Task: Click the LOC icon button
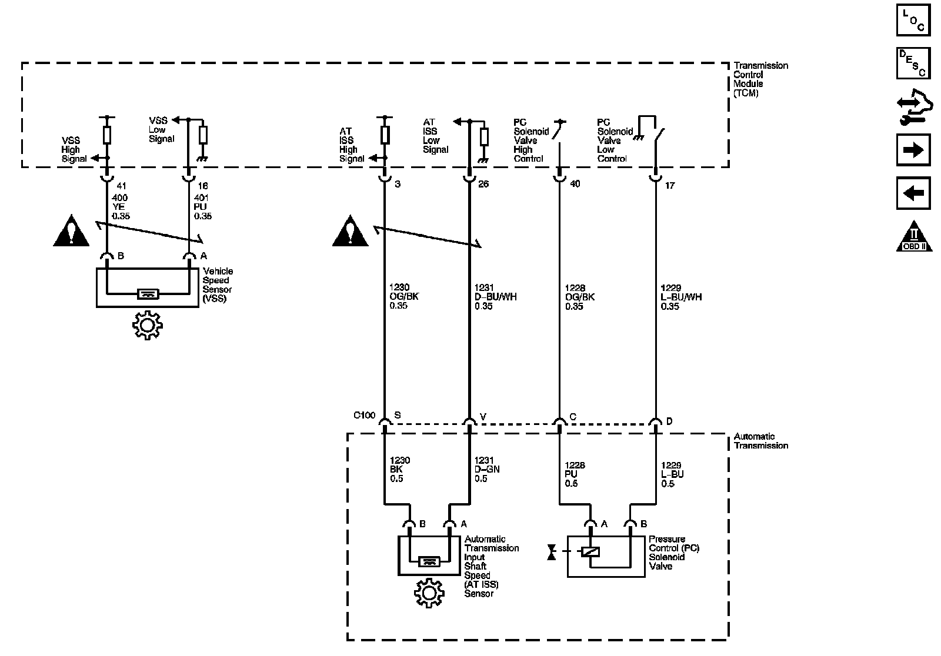click(x=913, y=20)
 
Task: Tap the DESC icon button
click(x=913, y=63)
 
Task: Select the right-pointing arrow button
click(x=913, y=150)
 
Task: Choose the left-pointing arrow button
click(x=913, y=193)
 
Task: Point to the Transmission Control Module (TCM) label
click(x=760, y=79)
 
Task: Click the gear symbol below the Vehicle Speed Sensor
click(x=147, y=325)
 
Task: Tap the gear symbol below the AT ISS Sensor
click(x=429, y=593)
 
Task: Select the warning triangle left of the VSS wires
click(x=71, y=231)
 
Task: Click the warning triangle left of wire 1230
click(x=350, y=231)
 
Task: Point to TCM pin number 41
click(x=121, y=186)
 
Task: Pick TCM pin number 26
click(x=483, y=184)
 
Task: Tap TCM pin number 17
click(x=670, y=186)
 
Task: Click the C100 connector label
click(x=364, y=416)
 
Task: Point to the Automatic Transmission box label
click(x=761, y=441)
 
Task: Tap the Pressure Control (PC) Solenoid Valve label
click(x=674, y=553)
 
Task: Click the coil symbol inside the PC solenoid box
click(x=590, y=551)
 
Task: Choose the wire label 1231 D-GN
click(x=487, y=470)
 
